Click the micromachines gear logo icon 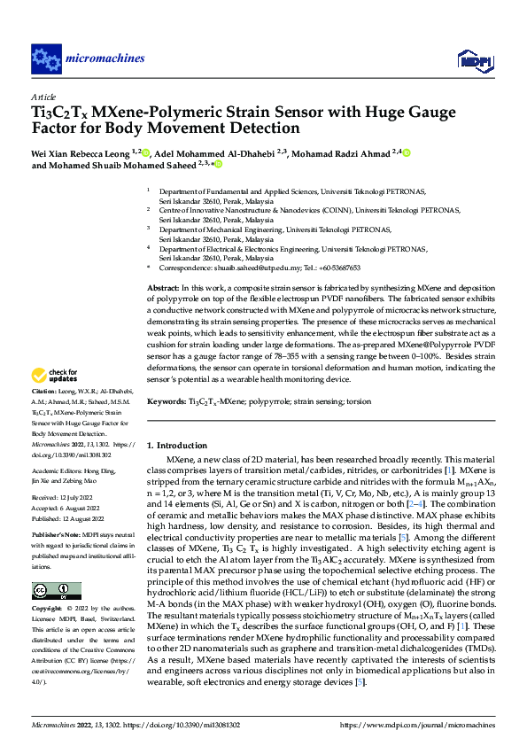tap(45, 58)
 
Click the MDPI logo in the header tap(472, 59)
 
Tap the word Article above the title tap(43, 97)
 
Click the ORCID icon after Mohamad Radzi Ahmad tap(408, 152)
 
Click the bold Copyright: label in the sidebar tap(48, 610)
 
